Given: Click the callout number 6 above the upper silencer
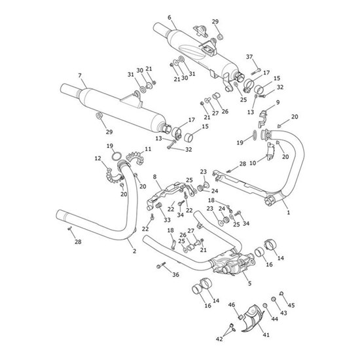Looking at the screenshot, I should tap(169, 18).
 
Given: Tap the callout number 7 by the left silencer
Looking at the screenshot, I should tap(80, 76).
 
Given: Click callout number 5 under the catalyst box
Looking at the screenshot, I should tap(249, 283).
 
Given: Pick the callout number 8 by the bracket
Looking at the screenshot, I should tap(154, 177).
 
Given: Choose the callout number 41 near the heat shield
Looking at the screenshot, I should tap(266, 335).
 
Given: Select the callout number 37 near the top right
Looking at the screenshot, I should tap(249, 57).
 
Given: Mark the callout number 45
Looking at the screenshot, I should tap(291, 305).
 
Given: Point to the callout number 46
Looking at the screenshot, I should tap(231, 306).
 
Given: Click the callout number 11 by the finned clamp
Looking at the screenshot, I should tap(147, 150).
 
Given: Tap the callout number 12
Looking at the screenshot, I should tap(98, 159).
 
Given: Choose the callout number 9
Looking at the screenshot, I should tap(278, 102).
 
